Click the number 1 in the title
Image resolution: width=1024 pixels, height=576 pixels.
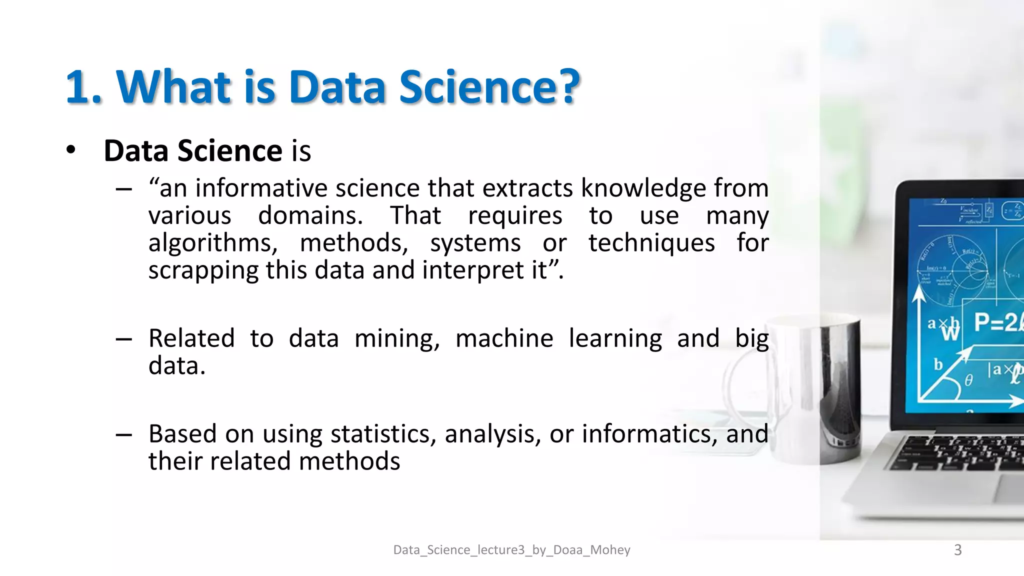pyautogui.click(x=77, y=88)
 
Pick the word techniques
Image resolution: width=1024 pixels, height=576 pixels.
pyautogui.click(x=651, y=243)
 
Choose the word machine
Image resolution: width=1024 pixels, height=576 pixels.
pyautogui.click(x=504, y=338)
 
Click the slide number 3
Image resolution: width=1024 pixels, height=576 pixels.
pyautogui.click(x=957, y=550)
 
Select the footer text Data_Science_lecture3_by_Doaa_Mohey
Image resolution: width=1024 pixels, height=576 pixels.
pyautogui.click(x=511, y=550)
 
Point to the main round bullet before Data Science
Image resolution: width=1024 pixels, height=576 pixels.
pyautogui.click(x=71, y=150)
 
